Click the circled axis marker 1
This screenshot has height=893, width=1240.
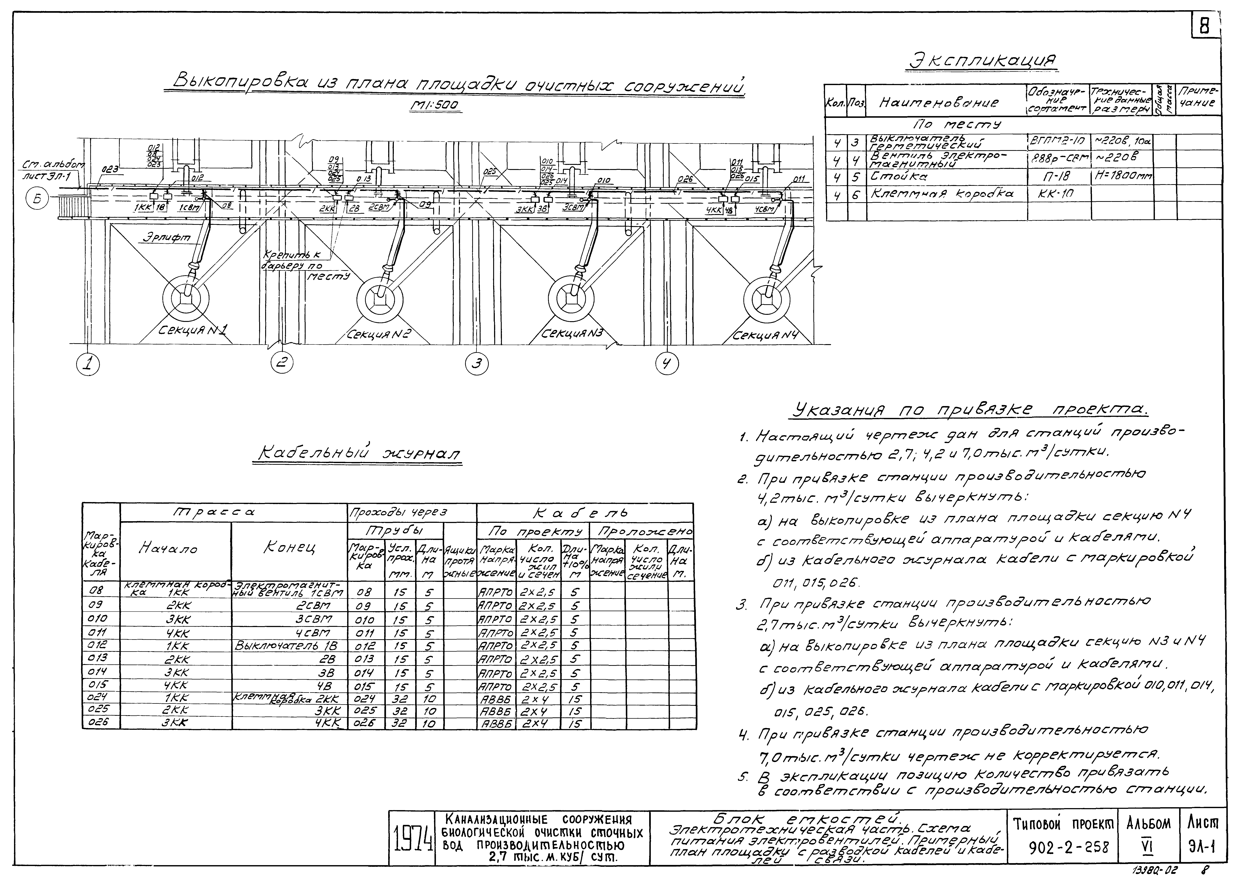(x=87, y=364)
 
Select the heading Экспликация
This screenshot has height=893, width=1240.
(x=982, y=61)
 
